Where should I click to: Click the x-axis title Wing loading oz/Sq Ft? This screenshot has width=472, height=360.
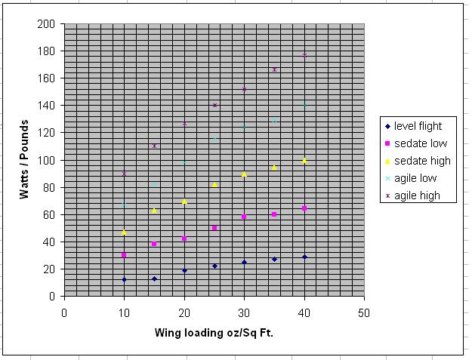(214, 332)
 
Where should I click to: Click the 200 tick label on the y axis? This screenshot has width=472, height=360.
(47, 24)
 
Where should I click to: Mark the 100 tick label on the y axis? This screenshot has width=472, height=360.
(47, 160)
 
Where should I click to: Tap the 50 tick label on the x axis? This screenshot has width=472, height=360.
(364, 312)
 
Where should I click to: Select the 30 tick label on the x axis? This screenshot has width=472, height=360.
(244, 312)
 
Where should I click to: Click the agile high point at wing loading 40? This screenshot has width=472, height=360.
(304, 55)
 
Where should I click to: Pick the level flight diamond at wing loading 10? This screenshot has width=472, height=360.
(124, 279)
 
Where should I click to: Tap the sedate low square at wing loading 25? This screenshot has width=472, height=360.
(214, 228)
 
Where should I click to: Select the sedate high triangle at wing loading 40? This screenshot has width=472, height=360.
(304, 160)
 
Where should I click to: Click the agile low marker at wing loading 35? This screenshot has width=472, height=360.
(274, 121)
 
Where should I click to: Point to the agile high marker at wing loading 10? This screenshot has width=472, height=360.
(124, 174)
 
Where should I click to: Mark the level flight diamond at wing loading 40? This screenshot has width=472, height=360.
(304, 257)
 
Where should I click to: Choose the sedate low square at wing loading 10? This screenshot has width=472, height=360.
(124, 255)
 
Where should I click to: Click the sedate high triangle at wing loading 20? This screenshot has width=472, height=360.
(184, 202)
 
